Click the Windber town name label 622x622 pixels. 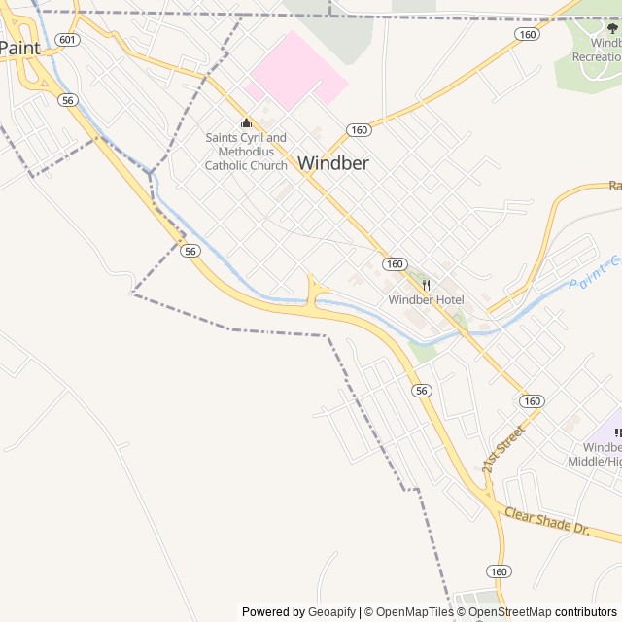pyautogui.click(x=333, y=163)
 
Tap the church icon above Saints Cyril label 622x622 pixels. pyautogui.click(x=246, y=122)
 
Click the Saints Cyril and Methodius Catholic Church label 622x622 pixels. pyautogui.click(x=246, y=152)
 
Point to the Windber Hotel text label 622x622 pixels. pyautogui.click(x=426, y=300)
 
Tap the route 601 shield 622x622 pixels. pyautogui.click(x=67, y=39)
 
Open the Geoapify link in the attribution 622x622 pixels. pyautogui.click(x=331, y=612)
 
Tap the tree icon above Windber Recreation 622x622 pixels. pyautogui.click(x=612, y=28)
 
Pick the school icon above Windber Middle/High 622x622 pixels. pyautogui.click(x=617, y=432)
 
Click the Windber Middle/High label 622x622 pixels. pyautogui.click(x=595, y=454)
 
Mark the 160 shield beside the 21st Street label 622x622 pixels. pyautogui.click(x=531, y=401)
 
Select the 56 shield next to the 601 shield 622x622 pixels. pyautogui.click(x=67, y=100)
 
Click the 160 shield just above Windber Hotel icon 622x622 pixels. pyautogui.click(x=394, y=264)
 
